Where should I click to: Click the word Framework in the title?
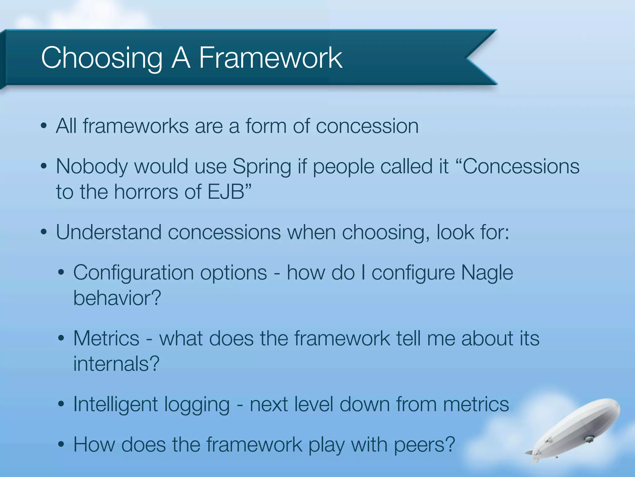270,58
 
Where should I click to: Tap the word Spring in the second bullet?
262,167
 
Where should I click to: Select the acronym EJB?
226,192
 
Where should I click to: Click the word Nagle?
487,273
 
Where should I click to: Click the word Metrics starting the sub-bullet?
106,338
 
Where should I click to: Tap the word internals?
116,364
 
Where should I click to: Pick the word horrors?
146,192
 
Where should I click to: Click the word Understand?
109,232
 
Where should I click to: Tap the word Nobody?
92,167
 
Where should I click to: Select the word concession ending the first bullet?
367,126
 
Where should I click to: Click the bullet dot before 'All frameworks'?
44,126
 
